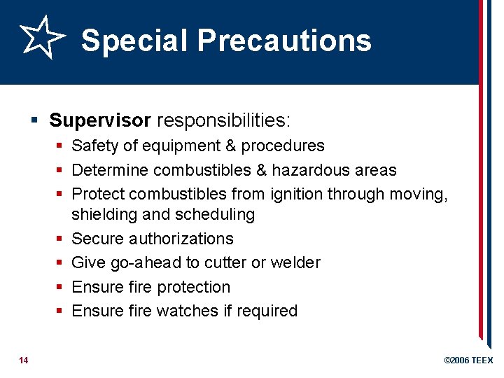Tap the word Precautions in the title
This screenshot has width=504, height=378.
click(x=284, y=41)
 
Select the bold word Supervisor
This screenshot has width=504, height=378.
click(x=100, y=120)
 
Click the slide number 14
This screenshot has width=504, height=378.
click(x=24, y=360)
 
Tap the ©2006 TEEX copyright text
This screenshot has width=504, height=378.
click(x=468, y=360)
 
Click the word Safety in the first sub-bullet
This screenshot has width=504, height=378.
click(x=94, y=146)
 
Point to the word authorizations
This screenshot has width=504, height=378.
click(x=181, y=239)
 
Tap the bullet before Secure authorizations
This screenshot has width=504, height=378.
click(x=61, y=239)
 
